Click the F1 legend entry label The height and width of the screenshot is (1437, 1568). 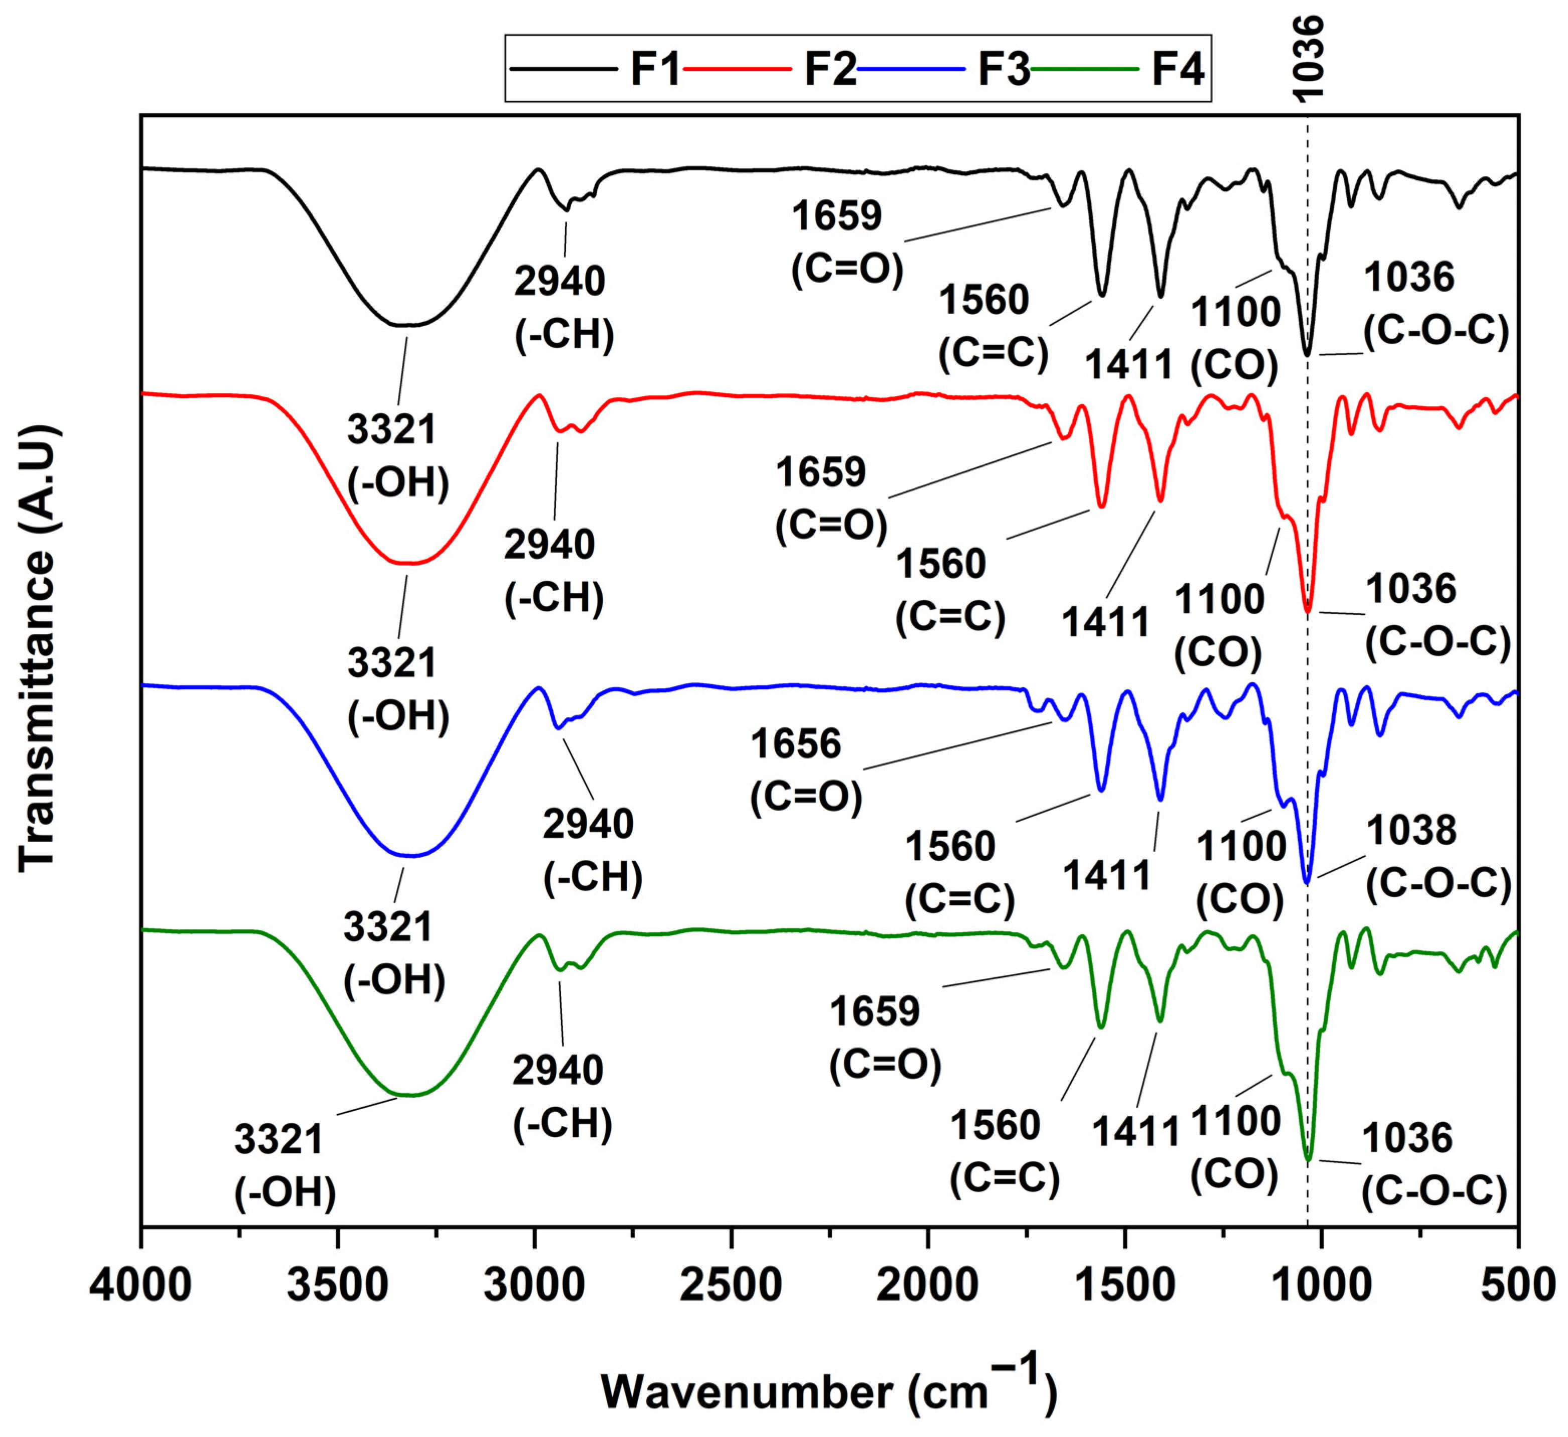click(655, 68)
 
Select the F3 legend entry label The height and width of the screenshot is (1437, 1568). click(1004, 68)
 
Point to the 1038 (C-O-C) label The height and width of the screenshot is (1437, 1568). click(1438, 857)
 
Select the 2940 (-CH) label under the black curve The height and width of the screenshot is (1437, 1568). click(563, 307)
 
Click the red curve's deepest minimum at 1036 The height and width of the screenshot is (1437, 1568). click(1308, 611)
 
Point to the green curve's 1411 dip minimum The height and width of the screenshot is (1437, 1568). click(1160, 1021)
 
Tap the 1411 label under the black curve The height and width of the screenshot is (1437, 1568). click(1128, 364)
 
